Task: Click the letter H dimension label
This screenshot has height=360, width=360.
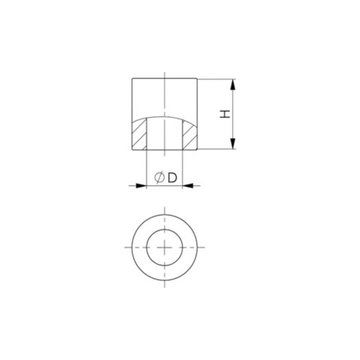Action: click(x=225, y=114)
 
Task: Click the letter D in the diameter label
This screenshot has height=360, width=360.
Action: click(x=172, y=177)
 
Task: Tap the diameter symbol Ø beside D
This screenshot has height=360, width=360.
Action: click(x=159, y=177)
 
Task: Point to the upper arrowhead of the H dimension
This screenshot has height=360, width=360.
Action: click(x=233, y=84)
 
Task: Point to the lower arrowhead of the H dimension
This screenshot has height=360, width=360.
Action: click(x=233, y=143)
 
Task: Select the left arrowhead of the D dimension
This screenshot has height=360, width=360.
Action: click(x=141, y=185)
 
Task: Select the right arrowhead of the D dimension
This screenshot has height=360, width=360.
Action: click(x=188, y=185)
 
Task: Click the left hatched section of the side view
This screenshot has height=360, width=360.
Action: click(x=139, y=134)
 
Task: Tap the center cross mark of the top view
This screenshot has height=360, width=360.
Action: click(x=164, y=247)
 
